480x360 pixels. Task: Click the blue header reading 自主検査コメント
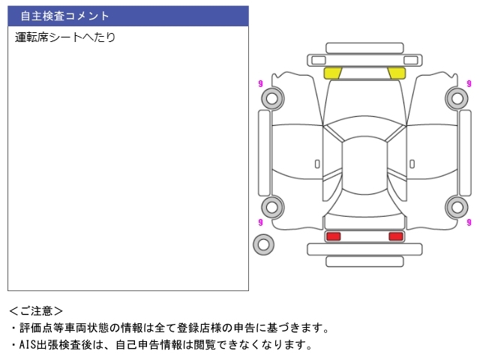(127, 16)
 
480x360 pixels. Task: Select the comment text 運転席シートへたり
(65, 37)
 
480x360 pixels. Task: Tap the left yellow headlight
(333, 73)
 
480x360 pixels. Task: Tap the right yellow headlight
(397, 73)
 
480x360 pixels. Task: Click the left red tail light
(333, 236)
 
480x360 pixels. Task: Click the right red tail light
(396, 236)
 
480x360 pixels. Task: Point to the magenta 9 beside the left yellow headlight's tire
(260, 83)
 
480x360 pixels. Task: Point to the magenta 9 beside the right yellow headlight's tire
(469, 83)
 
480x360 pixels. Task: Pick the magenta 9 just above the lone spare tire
(260, 222)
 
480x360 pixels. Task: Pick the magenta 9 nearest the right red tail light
(469, 222)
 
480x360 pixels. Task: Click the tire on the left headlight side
(271, 97)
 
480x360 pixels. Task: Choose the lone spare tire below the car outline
(263, 244)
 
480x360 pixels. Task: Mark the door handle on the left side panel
(317, 163)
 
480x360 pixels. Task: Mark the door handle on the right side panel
(412, 163)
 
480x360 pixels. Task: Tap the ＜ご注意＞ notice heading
(36, 310)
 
